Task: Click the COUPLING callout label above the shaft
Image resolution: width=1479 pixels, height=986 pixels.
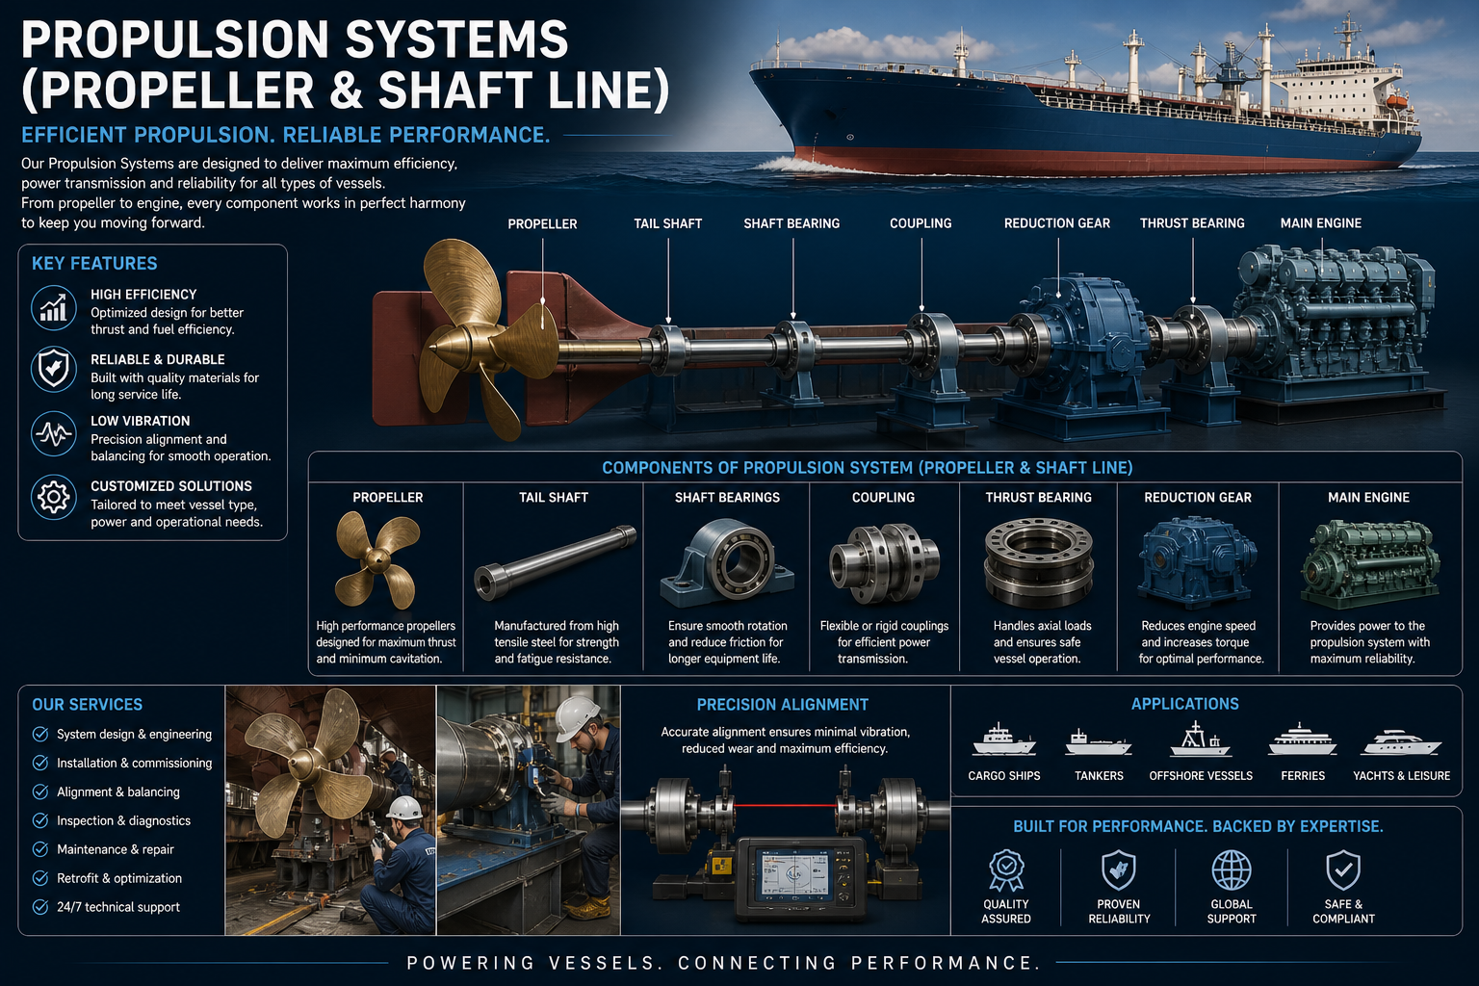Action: pos(921,223)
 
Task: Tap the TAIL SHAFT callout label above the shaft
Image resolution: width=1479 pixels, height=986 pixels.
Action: pos(667,224)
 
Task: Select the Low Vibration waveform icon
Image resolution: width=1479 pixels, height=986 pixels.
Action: pos(54,434)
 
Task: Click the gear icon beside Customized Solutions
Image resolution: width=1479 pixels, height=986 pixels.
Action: pos(54,497)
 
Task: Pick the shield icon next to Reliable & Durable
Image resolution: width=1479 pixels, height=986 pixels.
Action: pos(54,369)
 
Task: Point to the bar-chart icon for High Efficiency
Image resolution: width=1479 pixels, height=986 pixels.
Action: pos(54,308)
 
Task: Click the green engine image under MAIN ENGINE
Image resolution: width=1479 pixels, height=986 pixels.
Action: pos(1369,563)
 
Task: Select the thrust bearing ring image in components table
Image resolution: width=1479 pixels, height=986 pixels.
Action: pos(1039,562)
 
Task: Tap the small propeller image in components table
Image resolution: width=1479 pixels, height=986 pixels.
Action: pos(377,560)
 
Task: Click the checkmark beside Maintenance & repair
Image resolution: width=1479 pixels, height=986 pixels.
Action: pos(40,849)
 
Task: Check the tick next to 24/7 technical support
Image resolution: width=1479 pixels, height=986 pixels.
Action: pos(40,907)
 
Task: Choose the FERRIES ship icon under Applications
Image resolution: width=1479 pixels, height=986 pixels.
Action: pos(1302,739)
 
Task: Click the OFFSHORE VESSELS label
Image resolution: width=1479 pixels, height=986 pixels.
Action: pos(1201,776)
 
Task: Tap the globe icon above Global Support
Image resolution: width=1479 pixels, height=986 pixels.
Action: pos(1232,870)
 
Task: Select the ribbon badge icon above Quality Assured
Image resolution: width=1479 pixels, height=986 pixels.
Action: pos(1006,870)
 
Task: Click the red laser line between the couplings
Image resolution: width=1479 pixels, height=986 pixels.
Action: pos(786,805)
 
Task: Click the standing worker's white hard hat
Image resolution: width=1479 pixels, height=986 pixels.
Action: pos(576,717)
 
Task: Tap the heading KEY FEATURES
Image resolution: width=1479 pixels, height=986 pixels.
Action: pos(94,264)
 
